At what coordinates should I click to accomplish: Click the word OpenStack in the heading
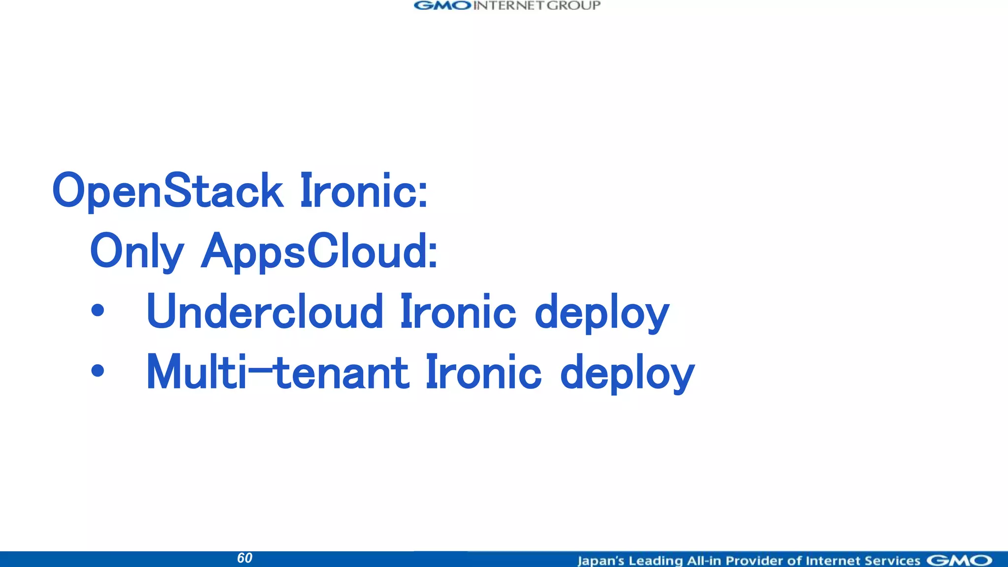click(x=168, y=191)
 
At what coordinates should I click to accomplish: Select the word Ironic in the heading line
click(x=364, y=191)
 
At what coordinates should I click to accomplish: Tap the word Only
click(x=137, y=252)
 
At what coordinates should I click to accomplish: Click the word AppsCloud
click(x=319, y=252)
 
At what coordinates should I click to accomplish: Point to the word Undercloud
click(x=265, y=312)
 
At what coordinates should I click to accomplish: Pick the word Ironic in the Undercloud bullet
click(x=458, y=312)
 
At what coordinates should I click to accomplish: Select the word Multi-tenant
click(x=278, y=373)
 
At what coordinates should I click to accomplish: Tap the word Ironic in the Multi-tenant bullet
click(x=483, y=373)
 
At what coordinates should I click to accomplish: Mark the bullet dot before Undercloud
click(x=98, y=311)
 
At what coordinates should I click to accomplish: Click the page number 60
click(x=245, y=558)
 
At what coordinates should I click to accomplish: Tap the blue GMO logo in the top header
click(x=442, y=6)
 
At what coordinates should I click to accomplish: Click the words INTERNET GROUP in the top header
click(x=537, y=6)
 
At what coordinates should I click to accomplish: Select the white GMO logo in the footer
click(x=959, y=561)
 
